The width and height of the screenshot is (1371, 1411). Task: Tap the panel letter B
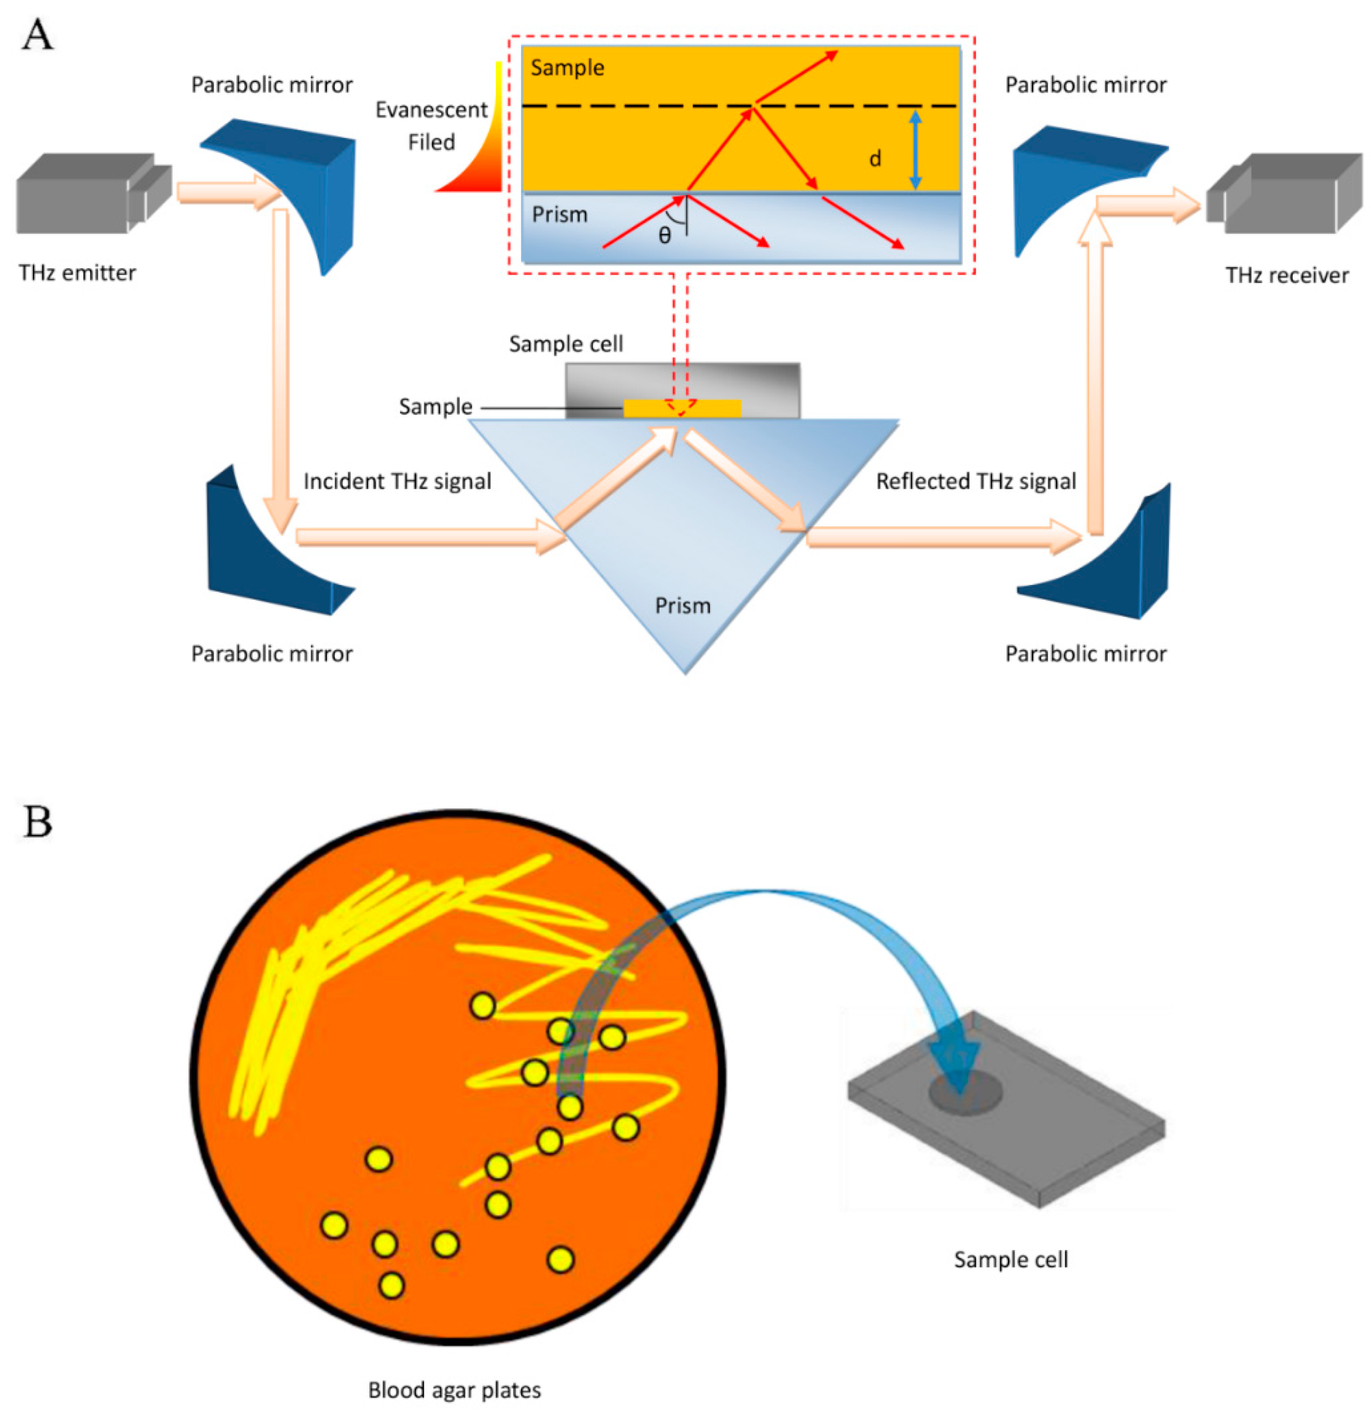(38, 821)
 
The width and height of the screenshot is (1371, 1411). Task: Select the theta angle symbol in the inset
(664, 235)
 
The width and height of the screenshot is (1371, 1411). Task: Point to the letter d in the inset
(875, 158)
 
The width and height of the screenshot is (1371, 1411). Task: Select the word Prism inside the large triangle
(683, 605)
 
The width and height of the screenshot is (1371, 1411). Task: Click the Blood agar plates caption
(455, 1389)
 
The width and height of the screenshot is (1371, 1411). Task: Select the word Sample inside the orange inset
(568, 67)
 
